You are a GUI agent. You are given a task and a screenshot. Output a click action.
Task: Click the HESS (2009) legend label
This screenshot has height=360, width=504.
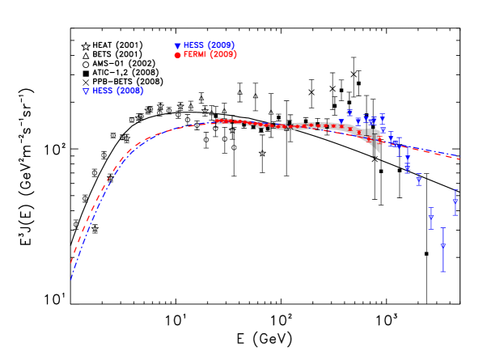pyautogui.click(x=209, y=45)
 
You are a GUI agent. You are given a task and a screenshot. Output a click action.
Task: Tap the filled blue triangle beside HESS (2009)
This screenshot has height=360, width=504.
pyautogui.click(x=177, y=46)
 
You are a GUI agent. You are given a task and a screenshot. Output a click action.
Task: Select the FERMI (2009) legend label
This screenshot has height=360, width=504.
pyautogui.click(x=210, y=55)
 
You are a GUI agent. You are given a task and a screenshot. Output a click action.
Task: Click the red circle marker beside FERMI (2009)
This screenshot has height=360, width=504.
pyautogui.click(x=177, y=55)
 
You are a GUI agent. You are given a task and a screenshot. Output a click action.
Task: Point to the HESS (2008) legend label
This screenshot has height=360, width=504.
pyautogui.click(x=118, y=91)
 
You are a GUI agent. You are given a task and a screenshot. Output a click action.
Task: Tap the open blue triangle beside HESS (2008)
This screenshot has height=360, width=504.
pyautogui.click(x=86, y=91)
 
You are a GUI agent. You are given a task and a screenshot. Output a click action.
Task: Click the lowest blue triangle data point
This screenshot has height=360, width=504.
pyautogui.click(x=443, y=247)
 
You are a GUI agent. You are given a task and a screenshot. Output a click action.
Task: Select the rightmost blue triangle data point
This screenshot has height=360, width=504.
pyautogui.click(x=455, y=202)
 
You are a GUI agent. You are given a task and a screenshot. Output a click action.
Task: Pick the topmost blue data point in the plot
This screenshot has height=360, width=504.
pyautogui.click(x=349, y=112)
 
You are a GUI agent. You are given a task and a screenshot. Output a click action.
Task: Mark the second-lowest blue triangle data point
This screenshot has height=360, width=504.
pyautogui.click(x=431, y=217)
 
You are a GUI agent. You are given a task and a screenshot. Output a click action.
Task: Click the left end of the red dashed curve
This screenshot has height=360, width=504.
pyautogui.click(x=71, y=264)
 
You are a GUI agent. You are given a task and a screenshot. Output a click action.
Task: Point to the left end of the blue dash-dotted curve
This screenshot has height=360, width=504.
pyautogui.click(x=71, y=280)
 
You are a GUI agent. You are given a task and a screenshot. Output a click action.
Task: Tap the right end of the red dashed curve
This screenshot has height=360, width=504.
pyautogui.click(x=460, y=159)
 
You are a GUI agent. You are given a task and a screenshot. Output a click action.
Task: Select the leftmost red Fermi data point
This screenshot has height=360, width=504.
pyautogui.click(x=218, y=121)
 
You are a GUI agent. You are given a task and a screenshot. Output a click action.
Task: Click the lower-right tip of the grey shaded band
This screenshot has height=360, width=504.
pyautogui.click(x=378, y=152)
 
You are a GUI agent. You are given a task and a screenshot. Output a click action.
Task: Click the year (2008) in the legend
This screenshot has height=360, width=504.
pyautogui.click(x=129, y=91)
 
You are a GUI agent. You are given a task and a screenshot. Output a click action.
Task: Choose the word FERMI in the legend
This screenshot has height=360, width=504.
pyautogui.click(x=194, y=55)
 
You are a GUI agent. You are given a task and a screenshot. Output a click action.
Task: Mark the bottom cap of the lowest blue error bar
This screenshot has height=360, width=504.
pyautogui.click(x=443, y=272)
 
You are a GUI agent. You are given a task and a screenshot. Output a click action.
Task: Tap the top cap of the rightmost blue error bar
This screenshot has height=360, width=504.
pyautogui.click(x=455, y=190)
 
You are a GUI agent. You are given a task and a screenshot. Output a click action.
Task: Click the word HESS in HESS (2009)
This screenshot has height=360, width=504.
pyautogui.click(x=193, y=45)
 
